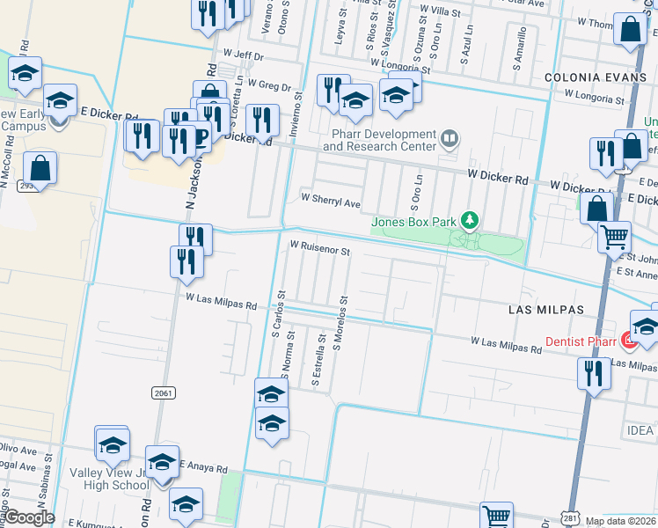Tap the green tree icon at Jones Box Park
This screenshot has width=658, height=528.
(470, 219)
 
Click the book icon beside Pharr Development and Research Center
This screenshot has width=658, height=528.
(449, 138)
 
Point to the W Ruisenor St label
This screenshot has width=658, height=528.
(320, 250)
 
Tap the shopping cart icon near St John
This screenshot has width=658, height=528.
(614, 235)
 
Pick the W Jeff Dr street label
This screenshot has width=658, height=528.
(243, 55)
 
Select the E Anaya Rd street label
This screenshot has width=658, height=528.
(203, 466)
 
